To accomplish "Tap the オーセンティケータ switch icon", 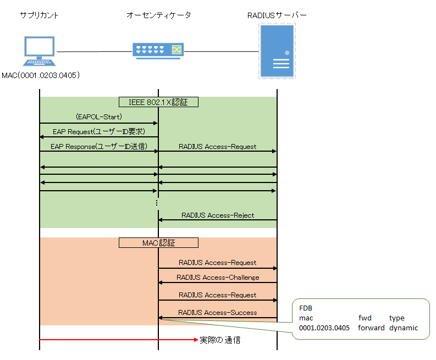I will coord(158,51).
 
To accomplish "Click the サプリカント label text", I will coord(39,15).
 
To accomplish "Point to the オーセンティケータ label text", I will coord(158,15).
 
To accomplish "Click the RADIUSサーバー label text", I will coord(277,15).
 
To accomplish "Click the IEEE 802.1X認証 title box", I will coord(158,102).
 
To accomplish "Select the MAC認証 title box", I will coord(158,242).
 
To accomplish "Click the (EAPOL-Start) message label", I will coord(99,117).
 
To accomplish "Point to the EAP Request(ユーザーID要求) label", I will coord(98,132).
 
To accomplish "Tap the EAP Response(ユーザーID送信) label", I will coord(98,147).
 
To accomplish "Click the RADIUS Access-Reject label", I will coord(217,215).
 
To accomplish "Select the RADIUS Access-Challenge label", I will coord(218,277).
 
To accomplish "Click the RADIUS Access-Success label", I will coord(218,312).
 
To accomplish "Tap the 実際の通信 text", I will coord(219,340).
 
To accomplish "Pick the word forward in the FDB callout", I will coord(371,328).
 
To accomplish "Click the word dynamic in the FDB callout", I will coord(404,328).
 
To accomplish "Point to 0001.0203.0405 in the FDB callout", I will coord(324,328).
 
